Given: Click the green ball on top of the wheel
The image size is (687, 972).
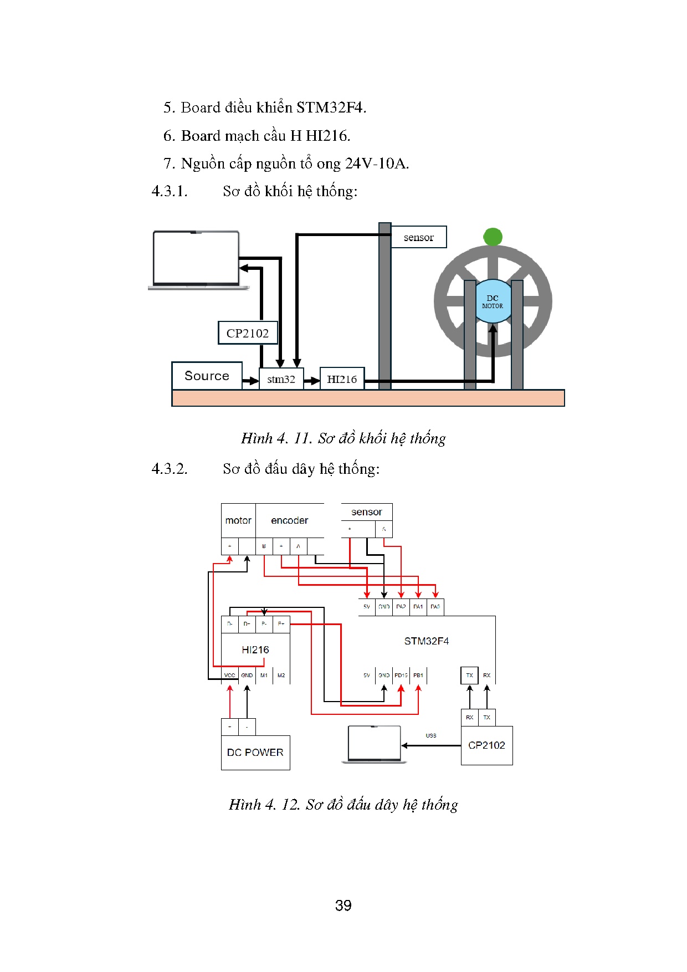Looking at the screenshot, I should point(493,237).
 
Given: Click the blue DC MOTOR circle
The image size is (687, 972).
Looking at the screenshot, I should point(493,301).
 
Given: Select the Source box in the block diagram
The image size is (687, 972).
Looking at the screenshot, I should point(207,376).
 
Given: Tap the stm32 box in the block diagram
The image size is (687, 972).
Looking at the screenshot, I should point(281,379).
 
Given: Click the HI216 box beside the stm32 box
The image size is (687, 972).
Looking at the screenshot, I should point(342,379).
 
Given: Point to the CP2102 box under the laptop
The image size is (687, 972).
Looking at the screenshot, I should point(248,333).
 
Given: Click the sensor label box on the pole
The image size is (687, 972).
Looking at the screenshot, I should point(418,237).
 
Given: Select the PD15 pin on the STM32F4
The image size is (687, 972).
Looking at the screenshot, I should point(401,675).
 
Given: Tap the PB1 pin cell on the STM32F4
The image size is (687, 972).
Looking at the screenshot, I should point(418,675).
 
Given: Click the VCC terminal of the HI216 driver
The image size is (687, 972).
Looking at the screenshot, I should point(229,675).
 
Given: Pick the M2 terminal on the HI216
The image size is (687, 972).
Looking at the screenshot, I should point(281,675).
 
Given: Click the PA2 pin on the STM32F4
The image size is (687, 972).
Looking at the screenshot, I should point(401,607).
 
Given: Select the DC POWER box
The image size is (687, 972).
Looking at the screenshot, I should point(255,752).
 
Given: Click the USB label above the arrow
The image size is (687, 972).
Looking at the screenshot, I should point(431,735).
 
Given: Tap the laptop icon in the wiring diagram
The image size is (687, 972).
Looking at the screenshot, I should point(374,744).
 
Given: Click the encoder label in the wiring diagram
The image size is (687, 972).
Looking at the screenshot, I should point(289,520).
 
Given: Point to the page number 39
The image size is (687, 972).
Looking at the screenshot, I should point(343,905).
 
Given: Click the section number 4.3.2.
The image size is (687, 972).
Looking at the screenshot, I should point(170,469).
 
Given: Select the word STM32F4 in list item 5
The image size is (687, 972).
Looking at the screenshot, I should point(331,107).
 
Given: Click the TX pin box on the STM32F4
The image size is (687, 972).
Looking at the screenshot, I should point(469,675).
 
